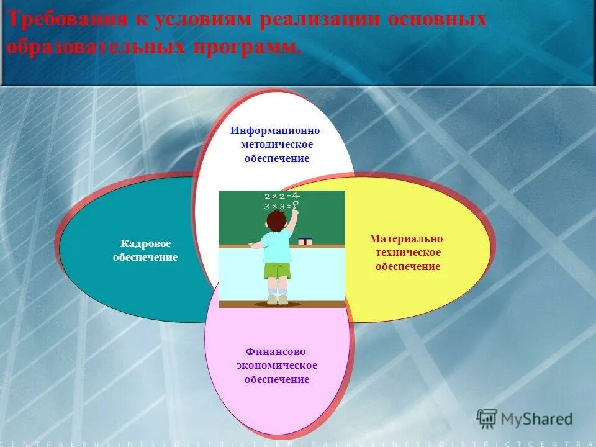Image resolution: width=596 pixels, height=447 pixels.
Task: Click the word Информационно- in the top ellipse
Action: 277,132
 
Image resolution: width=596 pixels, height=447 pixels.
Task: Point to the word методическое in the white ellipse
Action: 277,145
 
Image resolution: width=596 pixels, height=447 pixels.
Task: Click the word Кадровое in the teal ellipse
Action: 145,244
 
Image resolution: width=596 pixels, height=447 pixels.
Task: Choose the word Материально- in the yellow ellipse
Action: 407,239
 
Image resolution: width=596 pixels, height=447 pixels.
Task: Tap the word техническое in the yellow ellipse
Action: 407,253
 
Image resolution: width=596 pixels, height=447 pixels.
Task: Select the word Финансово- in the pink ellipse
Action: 276,352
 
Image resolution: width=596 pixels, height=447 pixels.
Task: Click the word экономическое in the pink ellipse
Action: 276,366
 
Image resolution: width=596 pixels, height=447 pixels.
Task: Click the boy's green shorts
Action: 277,271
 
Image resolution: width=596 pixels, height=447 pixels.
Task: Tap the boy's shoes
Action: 278,299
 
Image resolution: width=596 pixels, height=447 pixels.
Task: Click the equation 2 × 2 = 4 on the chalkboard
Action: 281,196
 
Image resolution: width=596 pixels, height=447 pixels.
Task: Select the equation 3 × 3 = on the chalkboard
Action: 278,205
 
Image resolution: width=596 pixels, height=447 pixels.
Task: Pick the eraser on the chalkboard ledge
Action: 305,241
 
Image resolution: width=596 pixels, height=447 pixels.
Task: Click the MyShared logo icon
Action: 487,419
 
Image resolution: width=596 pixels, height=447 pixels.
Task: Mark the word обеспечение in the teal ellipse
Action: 145,257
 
